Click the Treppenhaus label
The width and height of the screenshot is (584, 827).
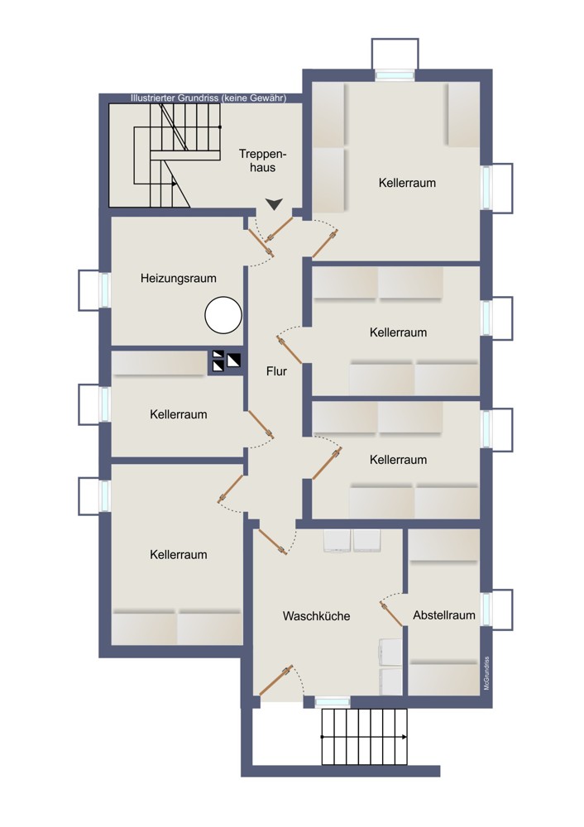coord(262,161)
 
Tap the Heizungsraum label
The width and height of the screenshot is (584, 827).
coord(179,278)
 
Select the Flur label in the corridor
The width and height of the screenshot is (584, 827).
coord(276,371)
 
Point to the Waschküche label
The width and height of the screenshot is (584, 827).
coord(316,616)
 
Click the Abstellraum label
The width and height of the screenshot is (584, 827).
coord(443,615)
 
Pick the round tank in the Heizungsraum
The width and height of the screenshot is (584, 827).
coord(223,315)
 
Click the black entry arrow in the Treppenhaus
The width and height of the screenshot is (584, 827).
coord(275,204)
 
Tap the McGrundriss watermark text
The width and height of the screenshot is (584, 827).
coord(486,673)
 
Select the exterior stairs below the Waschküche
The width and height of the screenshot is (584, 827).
coord(365,737)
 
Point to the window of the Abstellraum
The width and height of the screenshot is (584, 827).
coord(486,609)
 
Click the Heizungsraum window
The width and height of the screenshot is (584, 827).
coord(105,289)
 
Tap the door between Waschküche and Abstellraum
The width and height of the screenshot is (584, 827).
coord(391,614)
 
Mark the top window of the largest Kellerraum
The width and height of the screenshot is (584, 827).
coord(395,75)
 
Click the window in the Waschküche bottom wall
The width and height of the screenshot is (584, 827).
coord(333,702)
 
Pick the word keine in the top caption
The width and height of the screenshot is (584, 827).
coord(234,98)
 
